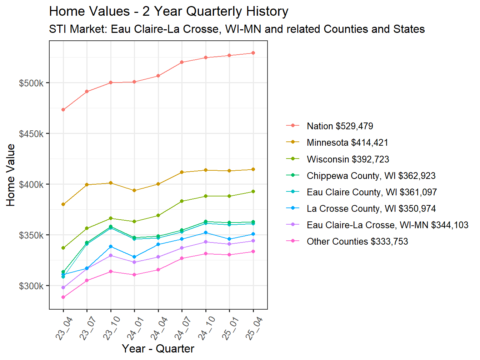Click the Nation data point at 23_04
click(x=63, y=110)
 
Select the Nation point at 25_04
click(x=253, y=53)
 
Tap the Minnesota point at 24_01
click(x=134, y=190)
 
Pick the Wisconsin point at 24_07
click(x=182, y=201)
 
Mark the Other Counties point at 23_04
click(x=63, y=297)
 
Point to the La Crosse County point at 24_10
click(x=206, y=232)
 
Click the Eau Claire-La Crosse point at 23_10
click(x=111, y=255)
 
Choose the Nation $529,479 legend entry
click(x=340, y=126)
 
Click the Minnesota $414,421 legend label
click(x=347, y=142)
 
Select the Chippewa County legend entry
click(x=371, y=176)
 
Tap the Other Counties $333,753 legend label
click(x=357, y=241)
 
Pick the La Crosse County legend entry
click(x=371, y=209)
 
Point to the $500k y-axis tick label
click(x=31, y=83)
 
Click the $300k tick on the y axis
click(x=31, y=286)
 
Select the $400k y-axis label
click(x=31, y=185)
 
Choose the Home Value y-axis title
click(x=11, y=175)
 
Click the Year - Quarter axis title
click(x=158, y=349)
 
